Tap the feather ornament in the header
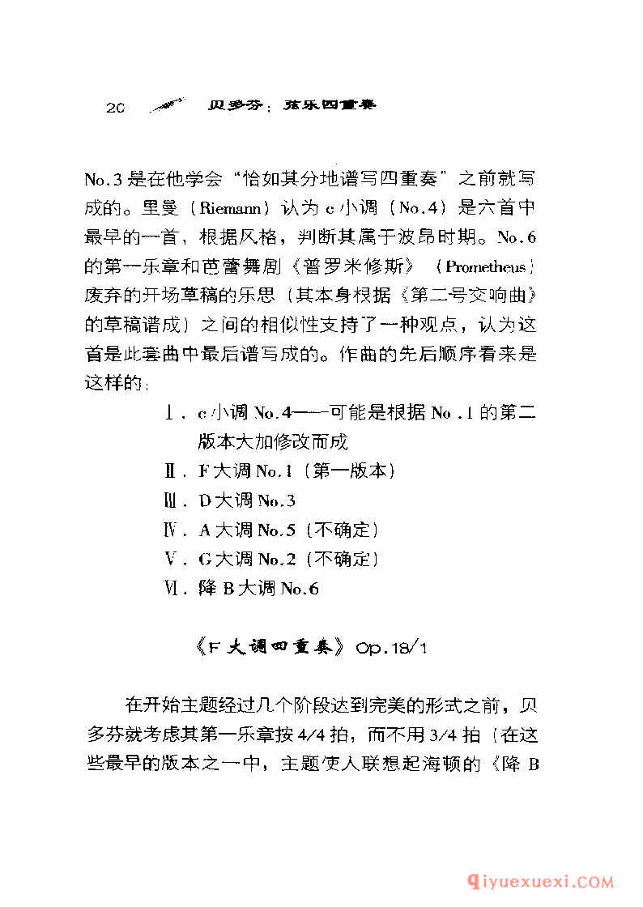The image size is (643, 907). click(x=168, y=105)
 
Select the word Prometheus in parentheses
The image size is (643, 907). click(x=484, y=266)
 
